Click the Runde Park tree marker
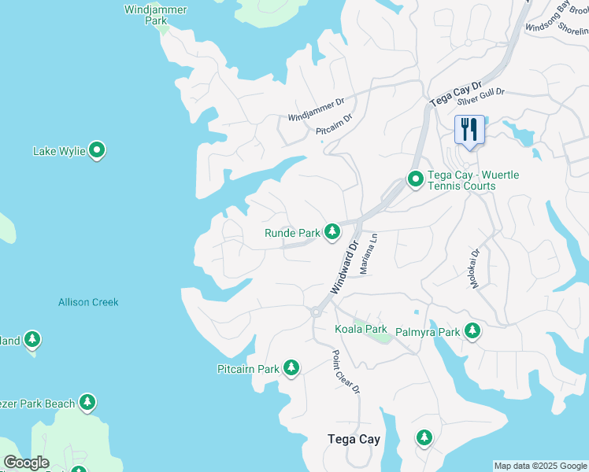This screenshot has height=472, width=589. [333, 231]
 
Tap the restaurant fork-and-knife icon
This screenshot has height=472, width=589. [469, 129]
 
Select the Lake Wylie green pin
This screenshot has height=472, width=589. [98, 149]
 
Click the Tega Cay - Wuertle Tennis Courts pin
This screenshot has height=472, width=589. [415, 180]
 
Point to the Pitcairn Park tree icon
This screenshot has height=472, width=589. [291, 367]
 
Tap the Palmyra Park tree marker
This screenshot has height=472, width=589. [472, 330]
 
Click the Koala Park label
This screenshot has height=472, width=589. [361, 328]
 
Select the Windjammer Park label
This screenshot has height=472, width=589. [145, 15]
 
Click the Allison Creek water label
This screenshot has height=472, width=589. [88, 302]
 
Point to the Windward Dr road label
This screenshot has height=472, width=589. [344, 267]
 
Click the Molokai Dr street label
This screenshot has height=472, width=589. [475, 269]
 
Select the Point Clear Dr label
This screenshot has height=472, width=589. [346, 372]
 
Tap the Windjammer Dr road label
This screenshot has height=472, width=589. [316, 108]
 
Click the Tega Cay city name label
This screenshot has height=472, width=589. [354, 439]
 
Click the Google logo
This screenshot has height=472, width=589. [26, 463]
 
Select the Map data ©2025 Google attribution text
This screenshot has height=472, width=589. [540, 466]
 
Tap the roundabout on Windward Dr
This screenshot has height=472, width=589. [315, 312]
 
